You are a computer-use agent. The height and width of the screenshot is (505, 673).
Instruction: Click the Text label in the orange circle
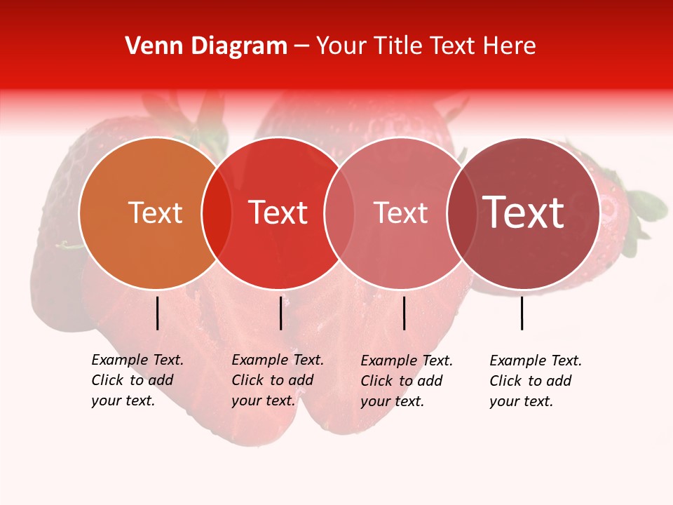[155, 213]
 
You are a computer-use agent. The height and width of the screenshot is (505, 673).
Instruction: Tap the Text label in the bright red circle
[278, 213]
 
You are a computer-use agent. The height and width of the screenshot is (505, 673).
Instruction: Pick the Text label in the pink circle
[400, 213]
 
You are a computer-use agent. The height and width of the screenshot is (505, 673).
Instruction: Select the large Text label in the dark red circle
[523, 213]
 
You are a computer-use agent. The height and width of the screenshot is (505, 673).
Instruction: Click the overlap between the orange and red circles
[217, 213]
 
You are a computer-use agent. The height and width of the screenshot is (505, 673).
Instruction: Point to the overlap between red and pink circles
[339, 213]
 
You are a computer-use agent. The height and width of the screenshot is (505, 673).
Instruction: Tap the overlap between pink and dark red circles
[462, 213]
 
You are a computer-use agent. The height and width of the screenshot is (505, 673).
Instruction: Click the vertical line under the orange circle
[157, 313]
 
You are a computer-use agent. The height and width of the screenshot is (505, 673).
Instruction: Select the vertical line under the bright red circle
[280, 313]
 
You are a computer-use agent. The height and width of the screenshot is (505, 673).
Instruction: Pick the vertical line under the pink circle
[404, 313]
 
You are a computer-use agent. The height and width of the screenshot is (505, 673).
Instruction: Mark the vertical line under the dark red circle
[522, 313]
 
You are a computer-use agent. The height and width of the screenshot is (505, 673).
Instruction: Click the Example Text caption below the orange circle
[137, 380]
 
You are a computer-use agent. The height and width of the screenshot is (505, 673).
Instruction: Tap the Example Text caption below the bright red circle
[277, 380]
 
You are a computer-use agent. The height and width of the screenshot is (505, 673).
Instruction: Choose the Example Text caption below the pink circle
[406, 381]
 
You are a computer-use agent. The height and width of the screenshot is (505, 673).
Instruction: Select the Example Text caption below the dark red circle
[535, 381]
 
